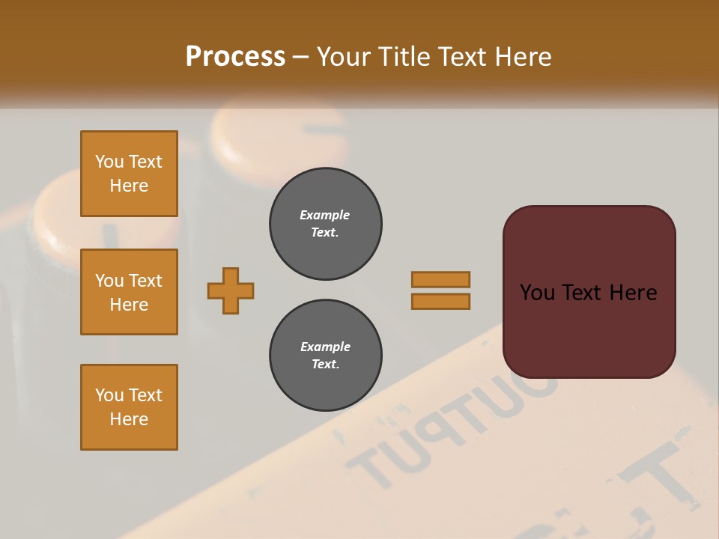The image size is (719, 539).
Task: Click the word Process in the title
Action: tap(235, 57)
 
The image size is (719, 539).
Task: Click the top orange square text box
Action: tap(129, 174)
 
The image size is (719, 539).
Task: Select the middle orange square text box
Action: tap(129, 292)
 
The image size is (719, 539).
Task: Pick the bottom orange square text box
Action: tap(129, 407)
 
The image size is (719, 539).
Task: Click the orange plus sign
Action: tap(231, 290)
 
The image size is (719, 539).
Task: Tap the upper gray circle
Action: tap(325, 224)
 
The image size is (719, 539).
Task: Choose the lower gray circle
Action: tap(325, 356)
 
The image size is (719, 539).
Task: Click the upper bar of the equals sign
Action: tap(440, 279)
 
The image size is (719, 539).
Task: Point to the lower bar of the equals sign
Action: tap(440, 301)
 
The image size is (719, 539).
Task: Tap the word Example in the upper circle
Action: tap(325, 215)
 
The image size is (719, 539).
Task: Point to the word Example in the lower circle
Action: tap(325, 347)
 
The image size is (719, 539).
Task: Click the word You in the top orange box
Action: tap(109, 162)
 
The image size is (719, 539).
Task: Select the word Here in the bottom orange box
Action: tap(129, 419)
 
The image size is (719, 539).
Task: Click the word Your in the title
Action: tap(345, 57)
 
